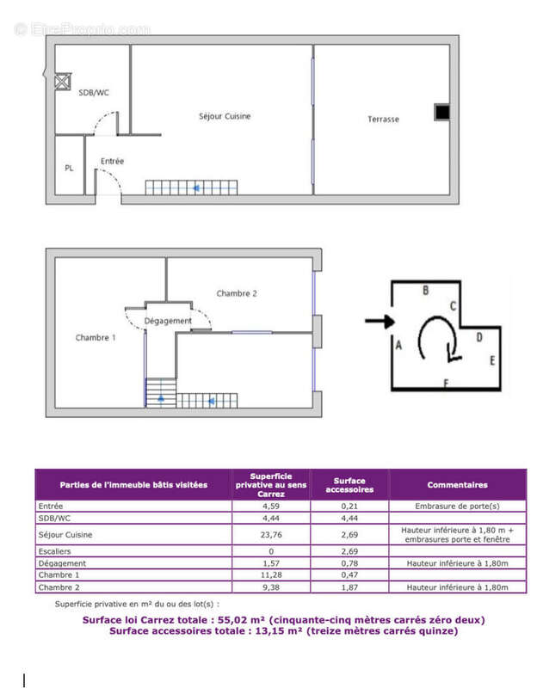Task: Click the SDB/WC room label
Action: point(94,92)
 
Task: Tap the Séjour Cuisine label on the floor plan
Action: point(225,116)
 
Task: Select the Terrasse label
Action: point(383,119)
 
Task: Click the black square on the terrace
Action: point(441,112)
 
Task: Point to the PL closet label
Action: point(69,168)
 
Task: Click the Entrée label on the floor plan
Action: point(112,161)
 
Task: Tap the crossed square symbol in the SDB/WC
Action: point(62,82)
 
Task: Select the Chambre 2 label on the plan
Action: point(237,293)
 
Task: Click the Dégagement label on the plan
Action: point(168,321)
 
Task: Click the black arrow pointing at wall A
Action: point(376,322)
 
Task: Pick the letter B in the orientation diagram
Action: point(425,292)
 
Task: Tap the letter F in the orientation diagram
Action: point(445,382)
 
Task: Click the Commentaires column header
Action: point(457,485)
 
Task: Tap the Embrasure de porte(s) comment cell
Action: point(457,507)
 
